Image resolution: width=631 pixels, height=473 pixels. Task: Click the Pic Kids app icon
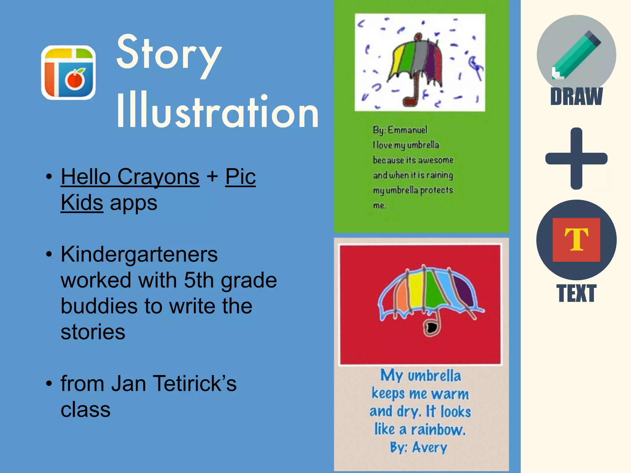[x=68, y=73]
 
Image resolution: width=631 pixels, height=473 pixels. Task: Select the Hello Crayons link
[x=130, y=177]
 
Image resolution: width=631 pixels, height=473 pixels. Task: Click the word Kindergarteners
[x=139, y=255]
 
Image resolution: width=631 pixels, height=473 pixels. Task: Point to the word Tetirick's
[x=194, y=384]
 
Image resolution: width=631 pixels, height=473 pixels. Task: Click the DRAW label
[x=576, y=97]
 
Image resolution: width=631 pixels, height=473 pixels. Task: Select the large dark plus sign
[x=576, y=159]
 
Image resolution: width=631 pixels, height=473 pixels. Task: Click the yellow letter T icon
[x=576, y=240]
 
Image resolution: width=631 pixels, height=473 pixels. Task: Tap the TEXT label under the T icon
[x=576, y=293]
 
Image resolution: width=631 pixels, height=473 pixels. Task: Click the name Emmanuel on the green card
[x=407, y=130]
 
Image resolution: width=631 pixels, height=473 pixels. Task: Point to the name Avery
[x=429, y=447]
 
